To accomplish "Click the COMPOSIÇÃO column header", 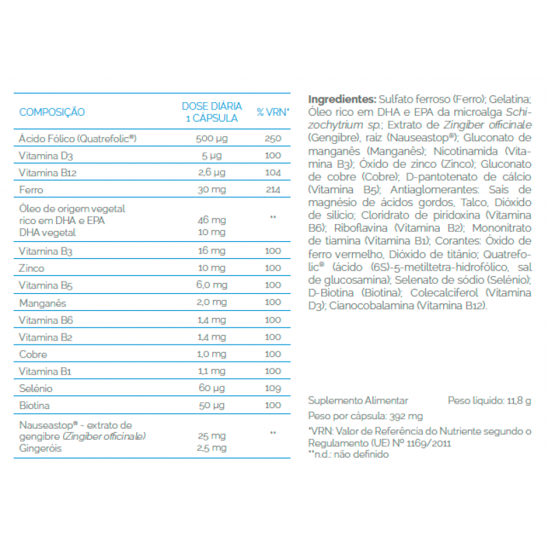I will (52, 112).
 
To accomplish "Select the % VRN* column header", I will (273, 112).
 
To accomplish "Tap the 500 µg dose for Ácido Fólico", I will (212, 138).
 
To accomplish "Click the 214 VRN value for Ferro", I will (273, 190).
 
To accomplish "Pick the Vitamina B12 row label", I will (47, 173).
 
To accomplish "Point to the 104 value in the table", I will (273, 173).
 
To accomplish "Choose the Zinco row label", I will (32, 268).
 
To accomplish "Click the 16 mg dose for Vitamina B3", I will (212, 251).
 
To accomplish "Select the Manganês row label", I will (42, 302).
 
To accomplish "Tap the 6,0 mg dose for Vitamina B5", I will (212, 285).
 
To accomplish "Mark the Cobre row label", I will (33, 354).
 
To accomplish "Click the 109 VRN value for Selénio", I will (273, 388).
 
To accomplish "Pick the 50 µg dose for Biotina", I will (212, 406).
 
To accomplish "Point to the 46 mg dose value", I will (212, 221).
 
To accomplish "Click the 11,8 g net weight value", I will (519, 401).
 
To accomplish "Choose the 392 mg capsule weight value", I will (406, 416).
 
